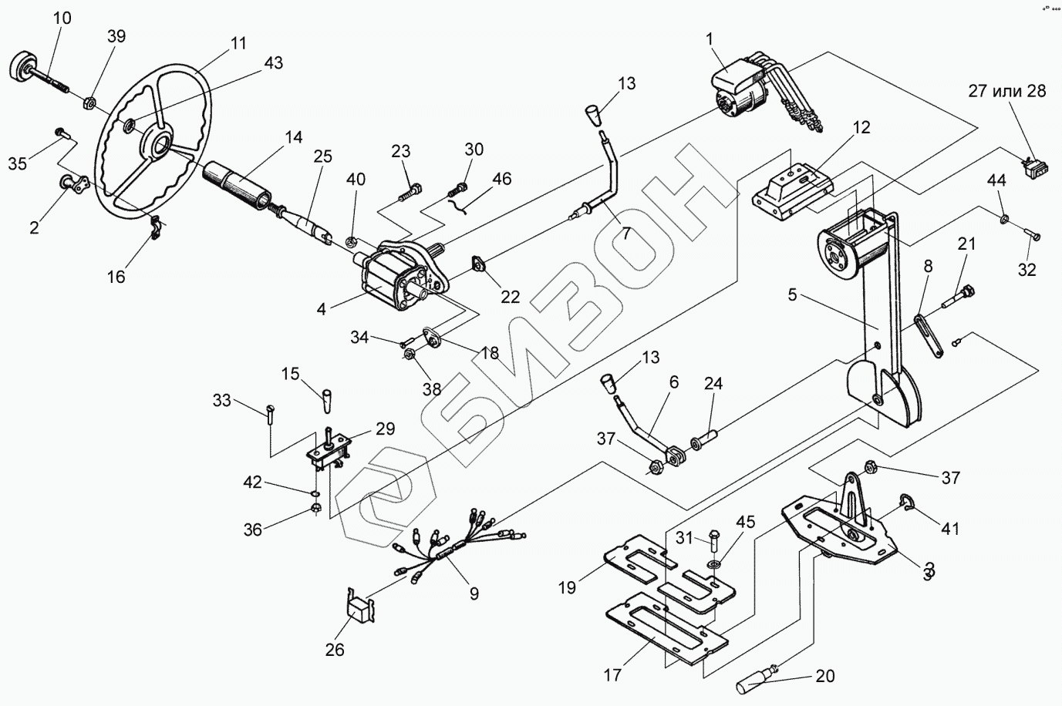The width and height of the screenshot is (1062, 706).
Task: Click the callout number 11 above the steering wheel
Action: [x=239, y=43]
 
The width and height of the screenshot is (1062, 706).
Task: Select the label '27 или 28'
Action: [x=1007, y=91]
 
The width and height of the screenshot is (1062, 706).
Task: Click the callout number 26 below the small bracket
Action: [x=334, y=649]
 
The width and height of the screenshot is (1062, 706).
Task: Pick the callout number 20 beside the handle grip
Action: [x=824, y=677]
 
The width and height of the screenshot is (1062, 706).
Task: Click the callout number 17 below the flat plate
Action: [x=612, y=676]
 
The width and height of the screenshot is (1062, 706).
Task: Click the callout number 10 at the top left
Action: [x=62, y=18]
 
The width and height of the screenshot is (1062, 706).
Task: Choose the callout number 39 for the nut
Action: [x=116, y=36]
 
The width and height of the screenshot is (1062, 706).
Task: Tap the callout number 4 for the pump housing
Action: [x=321, y=308]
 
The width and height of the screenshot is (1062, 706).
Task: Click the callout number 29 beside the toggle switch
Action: [x=385, y=429]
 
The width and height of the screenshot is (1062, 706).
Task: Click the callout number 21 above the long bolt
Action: [x=966, y=244]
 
